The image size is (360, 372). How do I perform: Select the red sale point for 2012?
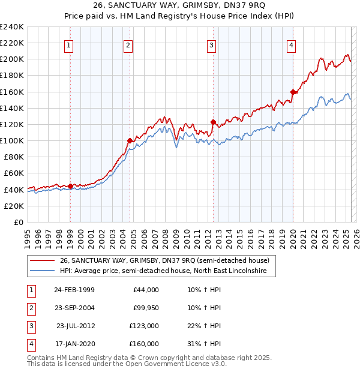click(213, 122)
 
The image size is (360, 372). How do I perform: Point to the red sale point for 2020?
click(293, 92)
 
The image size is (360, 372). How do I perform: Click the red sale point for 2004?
click(130, 140)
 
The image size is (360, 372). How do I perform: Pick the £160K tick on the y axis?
click(12, 92)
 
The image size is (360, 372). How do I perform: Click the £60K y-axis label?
click(13, 173)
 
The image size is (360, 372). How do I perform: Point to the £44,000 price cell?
click(145, 290)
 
